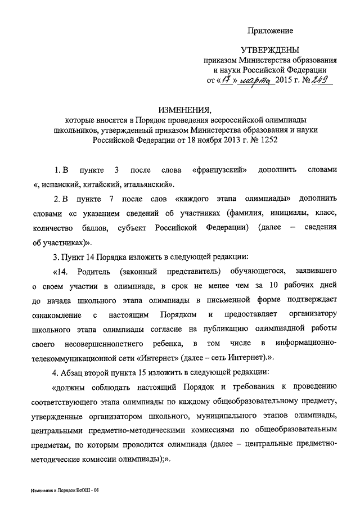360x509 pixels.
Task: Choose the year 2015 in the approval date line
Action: [286, 81]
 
